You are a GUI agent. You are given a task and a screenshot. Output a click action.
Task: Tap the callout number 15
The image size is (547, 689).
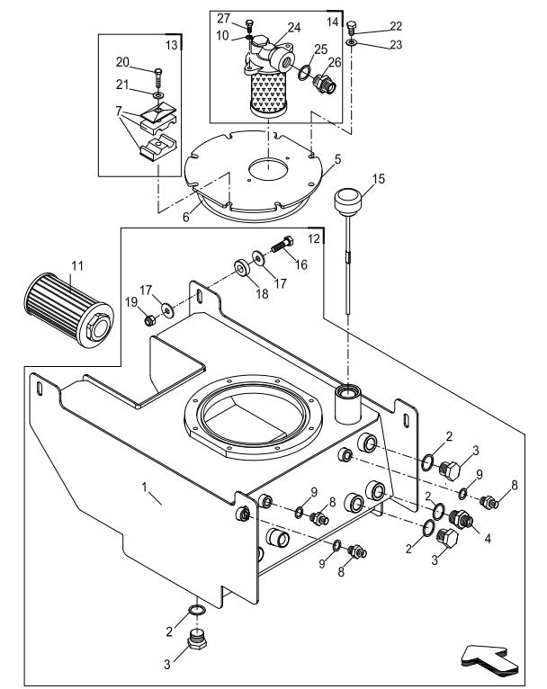pos(379,180)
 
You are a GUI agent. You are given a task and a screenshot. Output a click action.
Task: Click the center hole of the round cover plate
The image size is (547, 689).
pos(265,168)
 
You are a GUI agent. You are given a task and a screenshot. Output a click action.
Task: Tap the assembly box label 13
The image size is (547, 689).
pos(172,43)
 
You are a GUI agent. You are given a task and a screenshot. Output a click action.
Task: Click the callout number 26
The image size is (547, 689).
pos(335,62)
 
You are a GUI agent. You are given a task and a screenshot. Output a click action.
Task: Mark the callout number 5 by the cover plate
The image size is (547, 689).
pos(337,158)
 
